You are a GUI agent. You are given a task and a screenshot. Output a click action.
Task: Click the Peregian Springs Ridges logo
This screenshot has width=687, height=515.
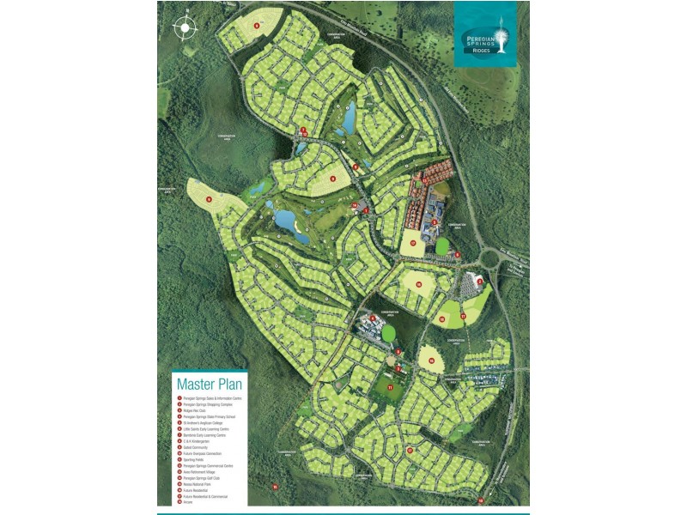pos(486,34)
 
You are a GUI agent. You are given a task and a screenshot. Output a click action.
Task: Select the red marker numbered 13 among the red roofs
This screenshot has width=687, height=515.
pos(435,221)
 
